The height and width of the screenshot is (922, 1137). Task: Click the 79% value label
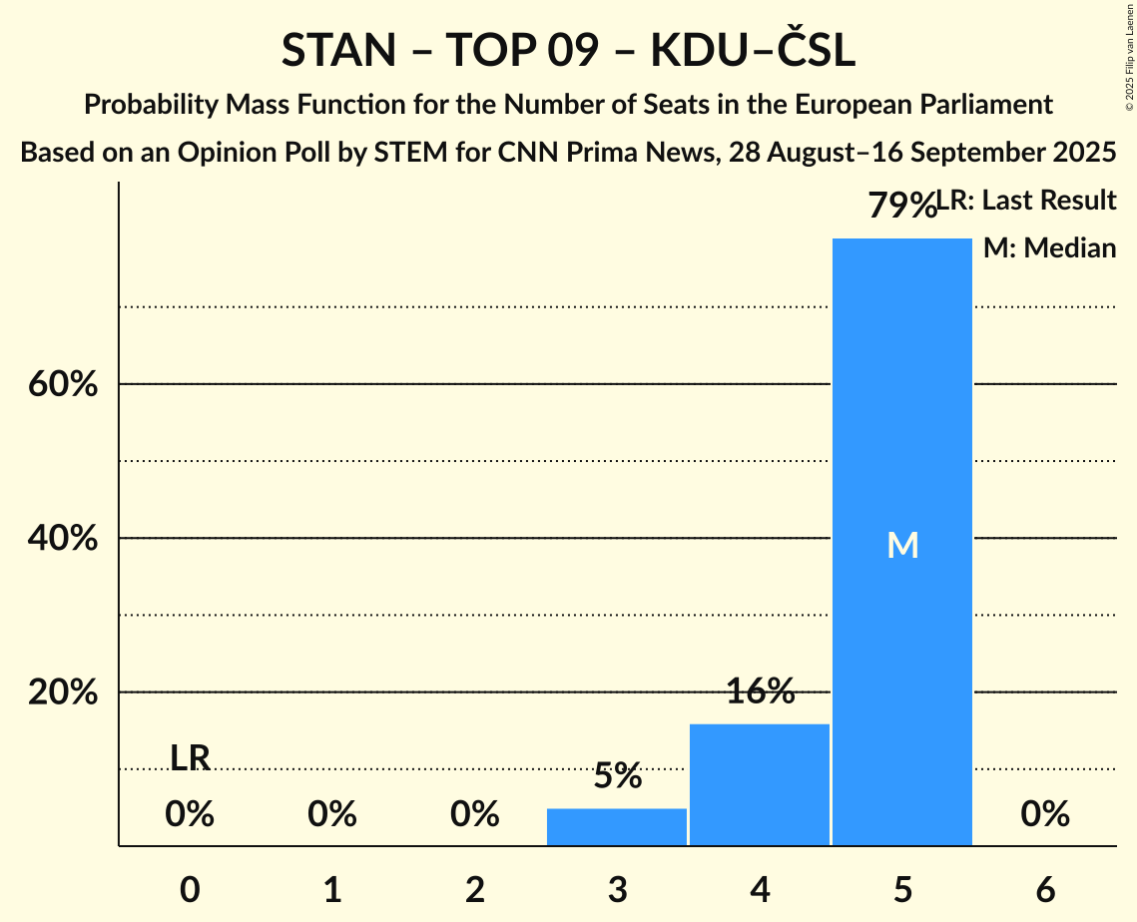(901, 207)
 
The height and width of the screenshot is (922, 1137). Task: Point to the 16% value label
(760, 691)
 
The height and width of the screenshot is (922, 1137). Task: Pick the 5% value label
(617, 775)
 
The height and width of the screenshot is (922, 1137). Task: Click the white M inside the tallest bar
(902, 545)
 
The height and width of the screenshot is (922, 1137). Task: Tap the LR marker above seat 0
(190, 758)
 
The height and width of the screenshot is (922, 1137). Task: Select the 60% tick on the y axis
(63, 384)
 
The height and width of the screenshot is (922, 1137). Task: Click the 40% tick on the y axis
(63, 539)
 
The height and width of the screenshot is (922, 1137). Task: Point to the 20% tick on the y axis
(63, 692)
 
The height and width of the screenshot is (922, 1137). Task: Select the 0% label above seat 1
(332, 815)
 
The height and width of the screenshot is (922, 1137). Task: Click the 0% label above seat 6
(1045, 815)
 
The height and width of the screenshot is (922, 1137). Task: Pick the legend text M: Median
(1049, 247)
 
